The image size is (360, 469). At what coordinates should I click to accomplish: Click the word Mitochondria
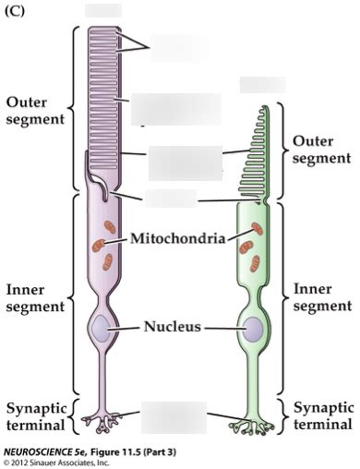pos(177,238)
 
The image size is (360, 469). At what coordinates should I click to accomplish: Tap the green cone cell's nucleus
pos(250,328)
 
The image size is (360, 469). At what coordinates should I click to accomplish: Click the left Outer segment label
pos(32,110)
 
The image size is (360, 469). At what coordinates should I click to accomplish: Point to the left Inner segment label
pos(32,298)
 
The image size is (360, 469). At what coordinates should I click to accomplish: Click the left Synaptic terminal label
pos(35,416)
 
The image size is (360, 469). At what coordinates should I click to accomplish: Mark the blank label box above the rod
pos(102,10)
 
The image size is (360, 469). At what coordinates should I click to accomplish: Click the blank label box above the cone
pos(260,85)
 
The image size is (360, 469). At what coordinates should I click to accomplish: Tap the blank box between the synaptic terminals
pos(174,416)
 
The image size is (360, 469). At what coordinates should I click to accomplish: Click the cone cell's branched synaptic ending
pos(248,424)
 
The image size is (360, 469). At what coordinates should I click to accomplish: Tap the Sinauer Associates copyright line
pos(57,462)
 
